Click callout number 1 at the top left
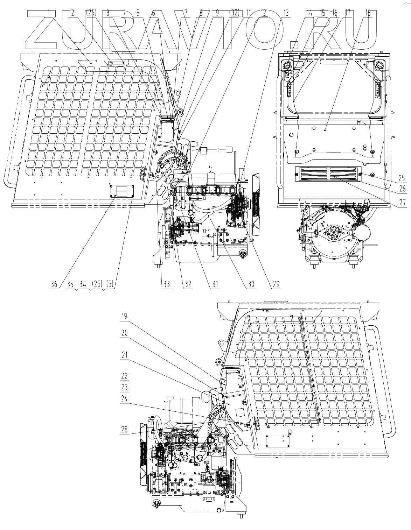point(49,13)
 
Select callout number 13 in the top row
point(286,13)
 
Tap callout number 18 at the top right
point(368,12)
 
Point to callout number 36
point(54,284)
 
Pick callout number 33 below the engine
point(166,284)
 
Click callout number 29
point(276,284)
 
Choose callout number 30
point(251,284)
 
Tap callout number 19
point(125,317)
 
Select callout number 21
point(125,355)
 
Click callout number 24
point(125,398)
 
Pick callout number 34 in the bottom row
point(83,284)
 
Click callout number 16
point(335,13)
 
